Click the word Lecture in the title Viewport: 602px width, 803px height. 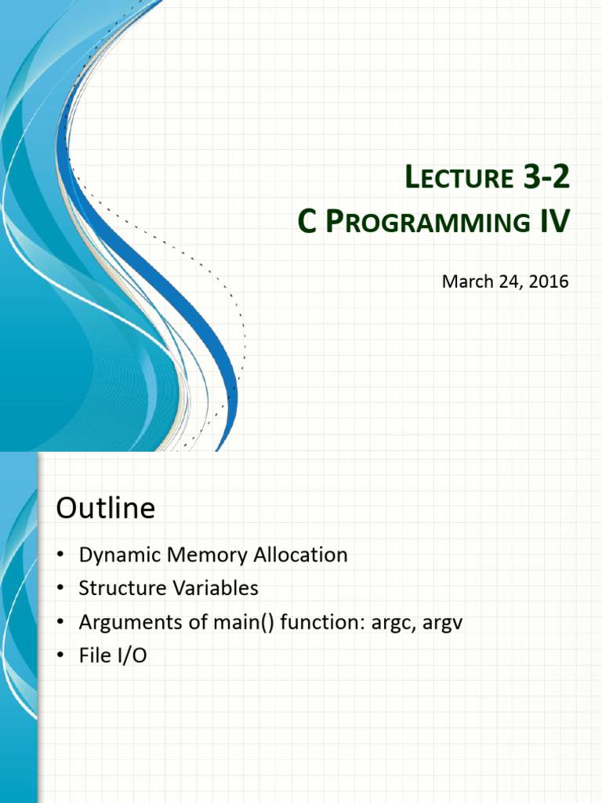[x=459, y=177]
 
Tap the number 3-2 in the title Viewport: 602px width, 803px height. [x=546, y=176]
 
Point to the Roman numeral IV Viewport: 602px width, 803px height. [x=555, y=222]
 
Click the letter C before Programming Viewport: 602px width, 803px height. [x=306, y=222]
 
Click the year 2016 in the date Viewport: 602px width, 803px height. [x=548, y=282]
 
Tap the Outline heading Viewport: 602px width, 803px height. [x=106, y=508]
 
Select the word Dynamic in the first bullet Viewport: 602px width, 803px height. [x=120, y=555]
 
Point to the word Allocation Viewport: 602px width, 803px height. [x=300, y=554]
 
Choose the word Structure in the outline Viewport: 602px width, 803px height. [x=121, y=588]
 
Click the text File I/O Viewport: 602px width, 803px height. [x=113, y=656]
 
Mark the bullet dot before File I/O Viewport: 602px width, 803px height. [x=61, y=656]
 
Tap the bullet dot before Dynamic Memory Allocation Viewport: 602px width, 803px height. [x=61, y=555]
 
